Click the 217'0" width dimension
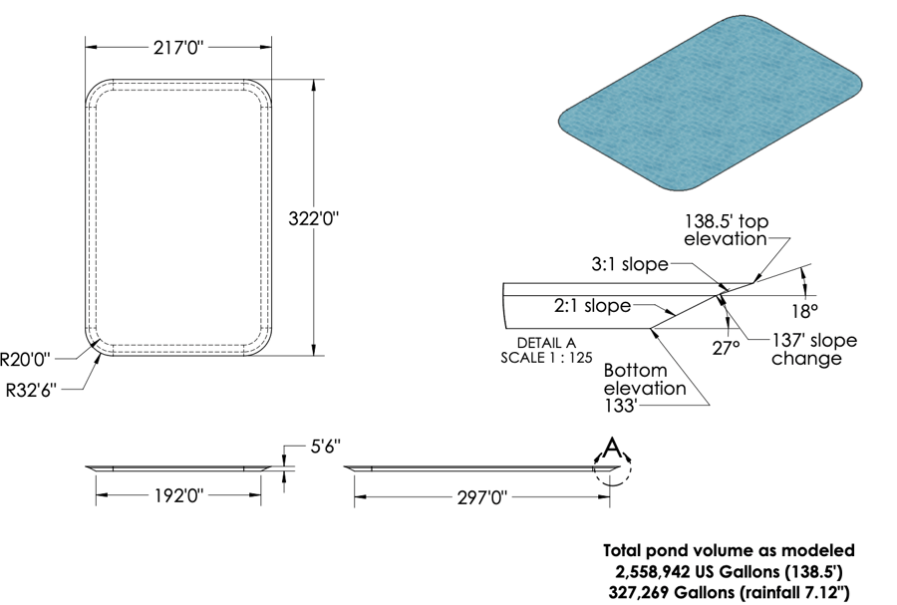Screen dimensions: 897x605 [178, 48]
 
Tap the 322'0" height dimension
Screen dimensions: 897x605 [313, 218]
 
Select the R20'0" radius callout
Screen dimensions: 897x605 [25, 359]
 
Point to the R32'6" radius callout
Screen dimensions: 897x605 [31, 391]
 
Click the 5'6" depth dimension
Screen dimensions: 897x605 [326, 447]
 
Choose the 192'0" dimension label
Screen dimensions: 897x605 [178, 495]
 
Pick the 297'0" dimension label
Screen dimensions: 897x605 [482, 497]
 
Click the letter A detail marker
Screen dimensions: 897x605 [612, 448]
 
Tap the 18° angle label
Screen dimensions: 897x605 [805, 312]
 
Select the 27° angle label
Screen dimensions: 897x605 [726, 348]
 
